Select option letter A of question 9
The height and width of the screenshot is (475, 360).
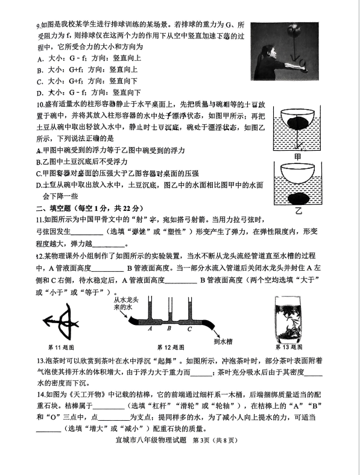coord(40,58)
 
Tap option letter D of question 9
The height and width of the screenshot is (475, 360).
coord(40,93)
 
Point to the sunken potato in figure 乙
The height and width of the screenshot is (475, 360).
coord(298,199)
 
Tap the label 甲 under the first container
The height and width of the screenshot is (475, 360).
coord(297,157)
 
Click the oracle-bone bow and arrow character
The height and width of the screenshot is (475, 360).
coord(61,322)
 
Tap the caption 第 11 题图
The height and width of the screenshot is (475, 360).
coord(61,347)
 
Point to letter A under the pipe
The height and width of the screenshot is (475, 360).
coord(150,329)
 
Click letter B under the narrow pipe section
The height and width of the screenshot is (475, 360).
coord(169,328)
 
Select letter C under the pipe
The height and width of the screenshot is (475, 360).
coord(189,329)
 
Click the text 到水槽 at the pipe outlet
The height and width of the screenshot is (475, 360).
coord(223,341)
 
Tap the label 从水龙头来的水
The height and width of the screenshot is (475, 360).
coord(125,304)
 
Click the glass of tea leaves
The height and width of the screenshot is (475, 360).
coord(289,318)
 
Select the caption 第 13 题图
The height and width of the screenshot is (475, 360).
coord(289,347)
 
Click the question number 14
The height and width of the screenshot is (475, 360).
coord(40,395)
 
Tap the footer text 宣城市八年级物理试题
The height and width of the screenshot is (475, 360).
coord(151,440)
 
